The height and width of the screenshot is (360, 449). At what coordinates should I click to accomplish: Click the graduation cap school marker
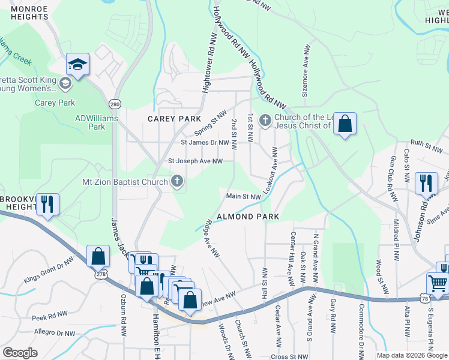coord(77,64)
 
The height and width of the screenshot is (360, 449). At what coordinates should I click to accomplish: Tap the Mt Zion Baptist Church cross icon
coord(177,181)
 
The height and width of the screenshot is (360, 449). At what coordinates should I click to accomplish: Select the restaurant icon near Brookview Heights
coord(47,203)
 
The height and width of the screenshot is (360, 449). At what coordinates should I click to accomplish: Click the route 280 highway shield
coord(115,104)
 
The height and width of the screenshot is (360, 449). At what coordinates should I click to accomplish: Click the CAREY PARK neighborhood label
coord(169,119)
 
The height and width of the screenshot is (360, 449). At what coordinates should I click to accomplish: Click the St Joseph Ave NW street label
coord(195,161)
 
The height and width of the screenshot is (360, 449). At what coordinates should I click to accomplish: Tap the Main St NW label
coord(243,196)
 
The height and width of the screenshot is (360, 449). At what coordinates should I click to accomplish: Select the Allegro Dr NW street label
coord(55,332)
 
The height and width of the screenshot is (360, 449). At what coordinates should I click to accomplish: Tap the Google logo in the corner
coord(20,353)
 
